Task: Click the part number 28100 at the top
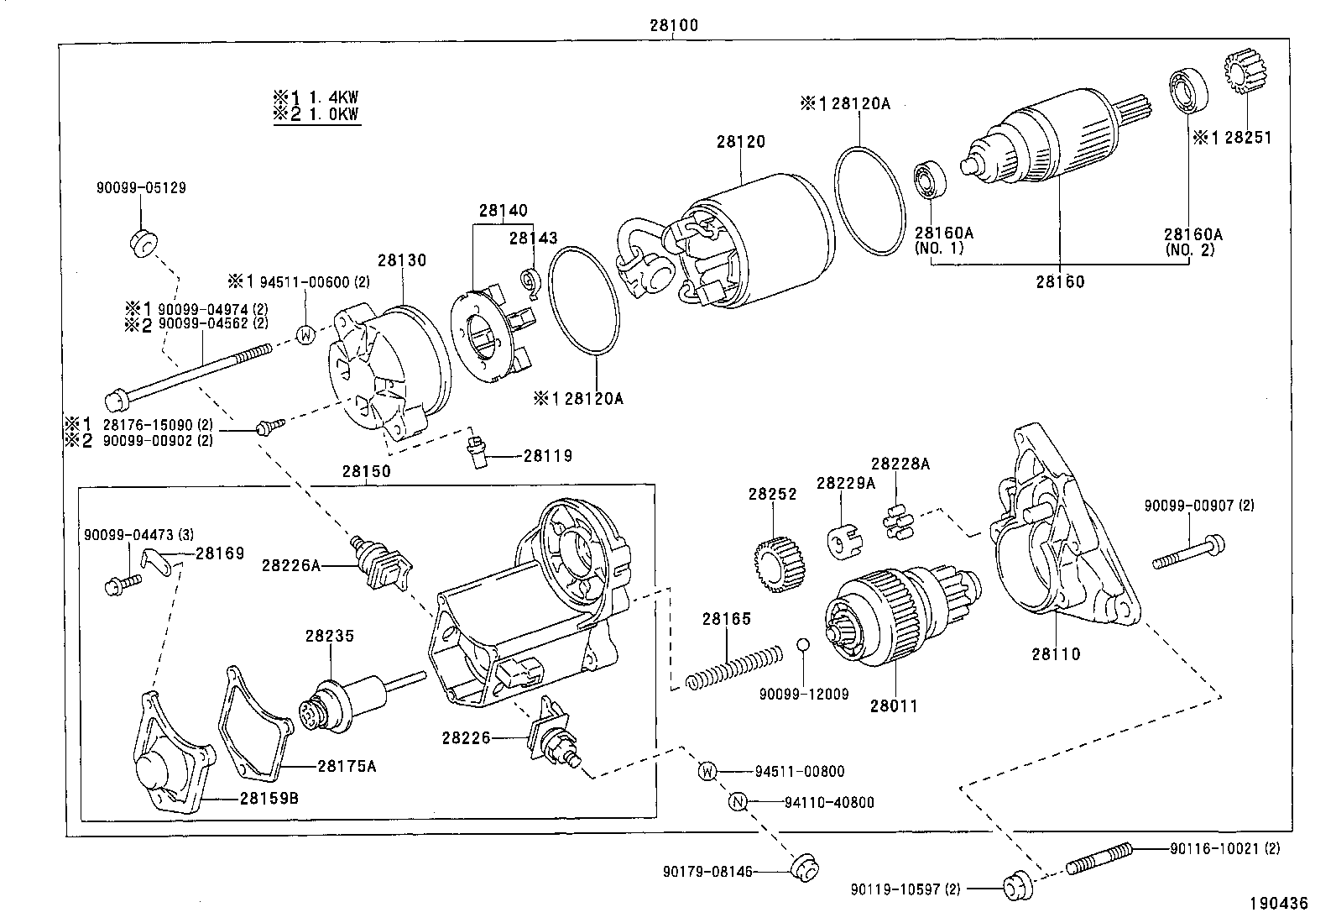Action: [673, 26]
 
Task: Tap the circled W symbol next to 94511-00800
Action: [708, 771]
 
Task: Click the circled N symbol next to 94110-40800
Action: [738, 802]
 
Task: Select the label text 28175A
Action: [346, 765]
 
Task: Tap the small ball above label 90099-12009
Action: [802, 644]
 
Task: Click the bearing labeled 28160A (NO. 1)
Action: [930, 179]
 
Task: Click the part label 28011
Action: [893, 706]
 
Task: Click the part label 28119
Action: [547, 456]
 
